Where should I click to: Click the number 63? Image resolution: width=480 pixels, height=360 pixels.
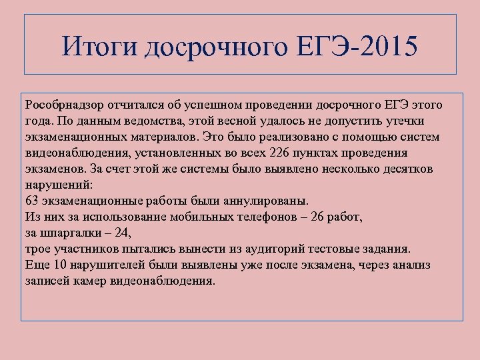point(33,201)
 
